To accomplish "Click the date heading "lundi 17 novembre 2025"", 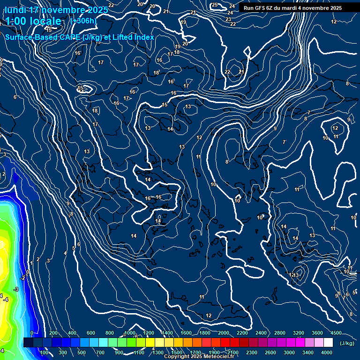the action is [x=56, y=10].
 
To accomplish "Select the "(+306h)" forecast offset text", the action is [x=83, y=21].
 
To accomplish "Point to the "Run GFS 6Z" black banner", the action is [x=292, y=8].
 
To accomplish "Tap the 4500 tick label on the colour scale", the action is [x=336, y=333].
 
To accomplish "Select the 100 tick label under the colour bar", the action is [x=45, y=352].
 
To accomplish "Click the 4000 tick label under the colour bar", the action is [x=327, y=352].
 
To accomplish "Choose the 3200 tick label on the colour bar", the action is [x=299, y=333].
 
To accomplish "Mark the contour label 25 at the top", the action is [x=215, y=5].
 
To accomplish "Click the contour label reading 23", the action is [x=228, y=19].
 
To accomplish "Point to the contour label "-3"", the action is [x=16, y=290].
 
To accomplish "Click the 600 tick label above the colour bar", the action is [x=91, y=333].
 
